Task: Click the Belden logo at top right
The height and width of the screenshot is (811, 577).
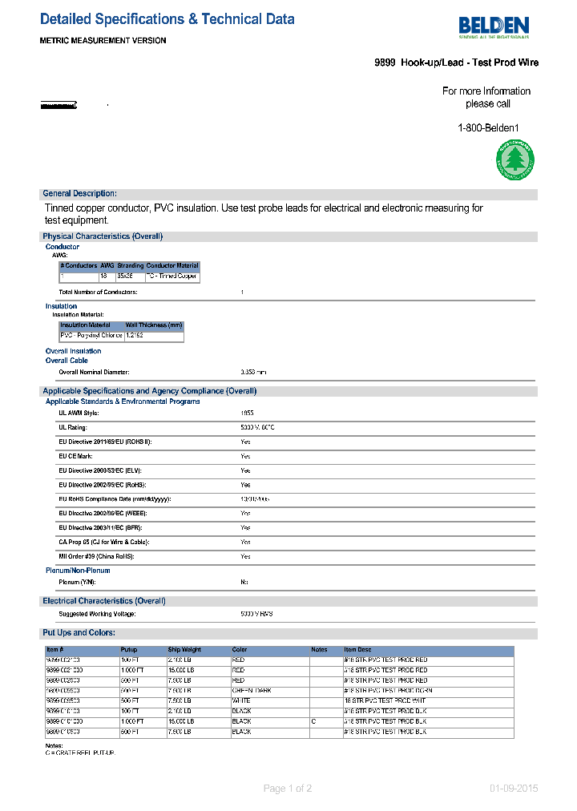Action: click(x=494, y=27)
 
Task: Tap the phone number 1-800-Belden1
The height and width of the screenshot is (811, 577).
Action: click(x=488, y=127)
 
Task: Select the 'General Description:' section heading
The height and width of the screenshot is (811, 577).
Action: click(x=79, y=194)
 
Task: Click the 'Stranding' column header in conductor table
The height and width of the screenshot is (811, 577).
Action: click(x=131, y=265)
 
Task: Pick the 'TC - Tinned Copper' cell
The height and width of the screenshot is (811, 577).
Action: click(x=171, y=276)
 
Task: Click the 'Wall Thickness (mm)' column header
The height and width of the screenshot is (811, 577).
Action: click(x=154, y=325)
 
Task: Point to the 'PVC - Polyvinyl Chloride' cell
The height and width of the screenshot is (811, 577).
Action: click(x=91, y=336)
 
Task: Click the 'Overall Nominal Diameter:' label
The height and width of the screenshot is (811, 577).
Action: click(x=94, y=373)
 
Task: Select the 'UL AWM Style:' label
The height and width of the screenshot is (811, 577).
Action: click(x=79, y=413)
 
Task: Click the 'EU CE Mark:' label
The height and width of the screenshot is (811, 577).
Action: click(x=76, y=456)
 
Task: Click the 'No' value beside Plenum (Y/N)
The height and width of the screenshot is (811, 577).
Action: click(x=244, y=582)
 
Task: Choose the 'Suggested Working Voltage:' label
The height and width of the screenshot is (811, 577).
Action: click(x=97, y=614)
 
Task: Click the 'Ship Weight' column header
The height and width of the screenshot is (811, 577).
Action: click(x=184, y=650)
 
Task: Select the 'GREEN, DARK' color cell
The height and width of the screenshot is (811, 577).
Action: click(x=252, y=690)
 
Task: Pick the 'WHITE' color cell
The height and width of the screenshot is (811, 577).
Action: click(x=241, y=700)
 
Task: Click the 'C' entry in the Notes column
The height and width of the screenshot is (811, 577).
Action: click(x=313, y=721)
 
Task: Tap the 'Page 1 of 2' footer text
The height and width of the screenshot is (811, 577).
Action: click(x=288, y=789)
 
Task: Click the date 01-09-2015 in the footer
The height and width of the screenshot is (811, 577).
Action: click(x=514, y=789)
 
